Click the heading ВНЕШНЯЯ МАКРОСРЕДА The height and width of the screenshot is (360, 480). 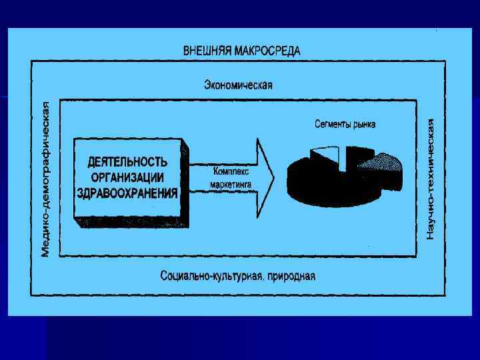[241, 51]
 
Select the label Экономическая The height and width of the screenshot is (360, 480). [238, 85]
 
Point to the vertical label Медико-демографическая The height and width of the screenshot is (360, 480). [45, 179]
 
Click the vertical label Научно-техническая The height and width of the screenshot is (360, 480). [431, 179]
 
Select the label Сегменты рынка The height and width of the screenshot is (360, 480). [345, 124]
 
